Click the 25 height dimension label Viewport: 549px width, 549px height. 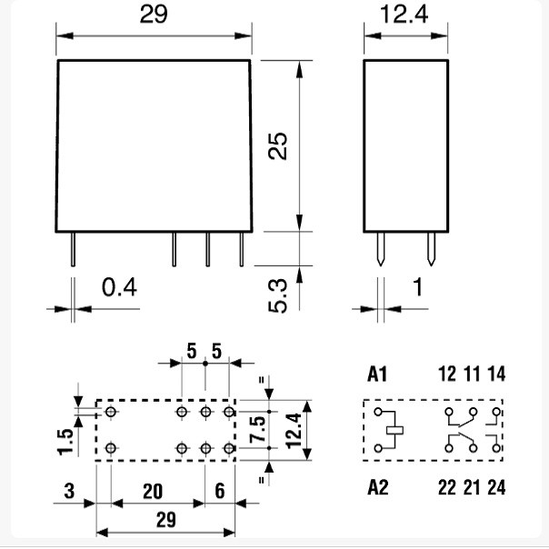(277, 146)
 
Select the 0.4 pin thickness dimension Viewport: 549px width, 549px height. (119, 287)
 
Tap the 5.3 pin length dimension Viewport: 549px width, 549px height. (277, 295)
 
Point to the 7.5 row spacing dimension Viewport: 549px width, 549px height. (257, 429)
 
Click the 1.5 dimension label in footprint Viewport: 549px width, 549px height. (65, 442)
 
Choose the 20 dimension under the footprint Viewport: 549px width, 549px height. (153, 491)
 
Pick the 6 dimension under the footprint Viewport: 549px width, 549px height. (220, 491)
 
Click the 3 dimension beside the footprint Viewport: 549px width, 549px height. (69, 491)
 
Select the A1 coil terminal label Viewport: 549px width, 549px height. (377, 374)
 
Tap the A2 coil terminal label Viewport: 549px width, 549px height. (378, 487)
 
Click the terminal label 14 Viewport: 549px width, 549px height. (496, 374)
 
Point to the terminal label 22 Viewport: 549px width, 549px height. (447, 487)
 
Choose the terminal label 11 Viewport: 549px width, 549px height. (472, 374)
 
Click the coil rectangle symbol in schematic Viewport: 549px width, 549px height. (394, 430)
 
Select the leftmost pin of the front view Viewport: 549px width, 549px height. (73, 249)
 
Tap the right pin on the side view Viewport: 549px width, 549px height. (432, 249)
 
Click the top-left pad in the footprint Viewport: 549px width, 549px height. (111, 412)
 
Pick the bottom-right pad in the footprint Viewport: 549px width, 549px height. (229, 448)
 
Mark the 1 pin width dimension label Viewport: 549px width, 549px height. (418, 287)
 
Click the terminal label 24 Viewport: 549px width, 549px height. (496, 487)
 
